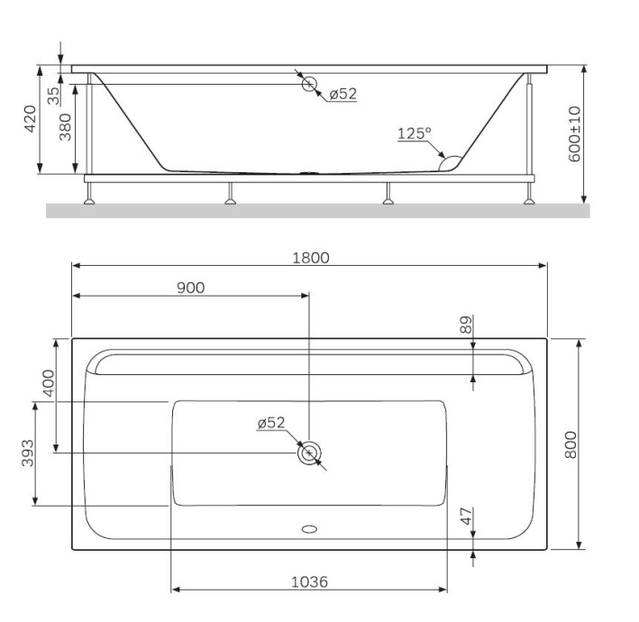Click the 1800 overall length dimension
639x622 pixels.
(x=310, y=257)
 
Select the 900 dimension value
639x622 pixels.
(x=190, y=288)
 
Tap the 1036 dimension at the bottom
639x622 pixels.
(x=309, y=581)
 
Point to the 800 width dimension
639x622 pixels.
(x=570, y=444)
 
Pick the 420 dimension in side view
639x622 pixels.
(x=30, y=119)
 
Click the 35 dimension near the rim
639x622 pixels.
(x=54, y=92)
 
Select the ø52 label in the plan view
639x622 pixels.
(x=270, y=423)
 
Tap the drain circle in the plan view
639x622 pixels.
(x=309, y=453)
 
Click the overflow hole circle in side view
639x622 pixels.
(x=309, y=85)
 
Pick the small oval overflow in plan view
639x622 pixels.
(x=309, y=529)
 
